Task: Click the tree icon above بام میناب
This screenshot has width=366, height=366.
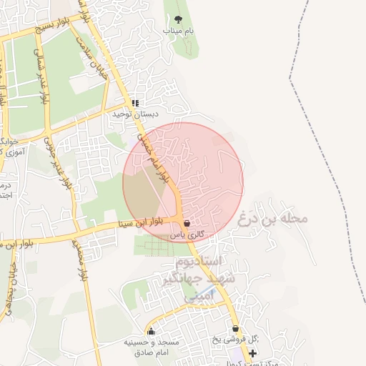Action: coord(178,19)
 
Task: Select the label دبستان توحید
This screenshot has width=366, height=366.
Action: coord(134,114)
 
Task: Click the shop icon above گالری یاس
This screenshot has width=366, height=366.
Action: coord(187,223)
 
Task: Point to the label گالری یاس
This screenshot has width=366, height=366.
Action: coord(187,234)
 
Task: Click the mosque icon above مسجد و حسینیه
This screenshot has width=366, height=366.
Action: coord(151,331)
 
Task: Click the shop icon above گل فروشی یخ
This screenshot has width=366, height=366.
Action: coord(235,329)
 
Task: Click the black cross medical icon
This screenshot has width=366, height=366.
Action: coord(251,353)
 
